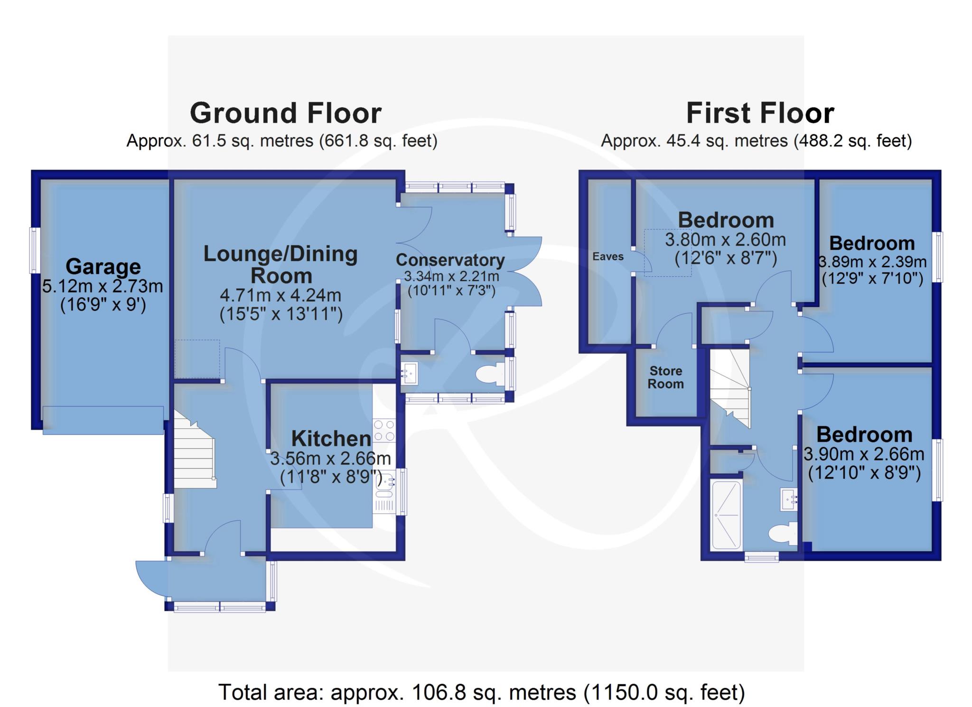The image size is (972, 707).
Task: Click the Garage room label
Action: (x=103, y=266)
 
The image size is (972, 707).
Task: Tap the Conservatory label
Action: (x=450, y=260)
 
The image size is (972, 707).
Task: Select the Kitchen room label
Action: (x=331, y=438)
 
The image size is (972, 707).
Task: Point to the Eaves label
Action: (x=608, y=256)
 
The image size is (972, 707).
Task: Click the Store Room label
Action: (x=666, y=377)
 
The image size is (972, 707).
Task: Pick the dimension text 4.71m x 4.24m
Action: (x=280, y=295)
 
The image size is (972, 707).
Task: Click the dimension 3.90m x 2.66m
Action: (x=864, y=454)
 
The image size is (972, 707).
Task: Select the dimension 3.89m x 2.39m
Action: (x=872, y=262)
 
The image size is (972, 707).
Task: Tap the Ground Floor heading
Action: (x=286, y=113)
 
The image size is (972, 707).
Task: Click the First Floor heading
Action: (x=760, y=113)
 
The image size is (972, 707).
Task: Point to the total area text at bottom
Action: (x=481, y=692)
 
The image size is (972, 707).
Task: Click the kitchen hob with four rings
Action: (x=384, y=430)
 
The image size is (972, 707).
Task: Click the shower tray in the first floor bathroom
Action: (x=726, y=515)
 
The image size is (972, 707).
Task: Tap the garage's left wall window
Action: (x=35, y=251)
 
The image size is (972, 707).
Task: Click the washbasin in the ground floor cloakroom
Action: (x=408, y=373)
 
